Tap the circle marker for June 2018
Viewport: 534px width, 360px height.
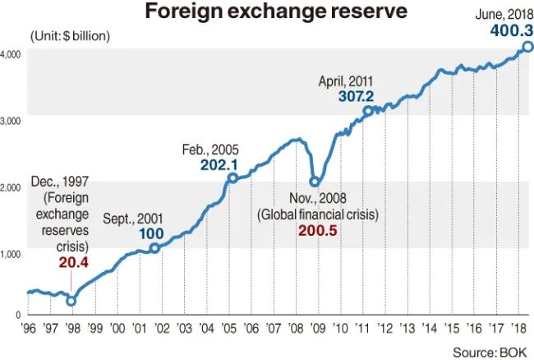(x=527, y=46)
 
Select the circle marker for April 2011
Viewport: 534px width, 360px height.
(x=367, y=110)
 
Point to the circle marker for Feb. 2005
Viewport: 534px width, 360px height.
(x=232, y=178)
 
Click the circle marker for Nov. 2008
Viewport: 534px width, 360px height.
(x=314, y=182)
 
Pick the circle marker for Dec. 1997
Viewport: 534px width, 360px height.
(x=71, y=301)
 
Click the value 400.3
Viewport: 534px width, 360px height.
(x=502, y=30)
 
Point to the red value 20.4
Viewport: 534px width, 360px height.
(x=74, y=263)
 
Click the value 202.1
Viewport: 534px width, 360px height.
(x=219, y=164)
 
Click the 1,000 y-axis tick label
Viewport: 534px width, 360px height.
(x=12, y=254)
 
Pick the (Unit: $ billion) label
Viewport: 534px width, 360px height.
(x=70, y=36)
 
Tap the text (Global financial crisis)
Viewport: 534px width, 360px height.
(x=317, y=214)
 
